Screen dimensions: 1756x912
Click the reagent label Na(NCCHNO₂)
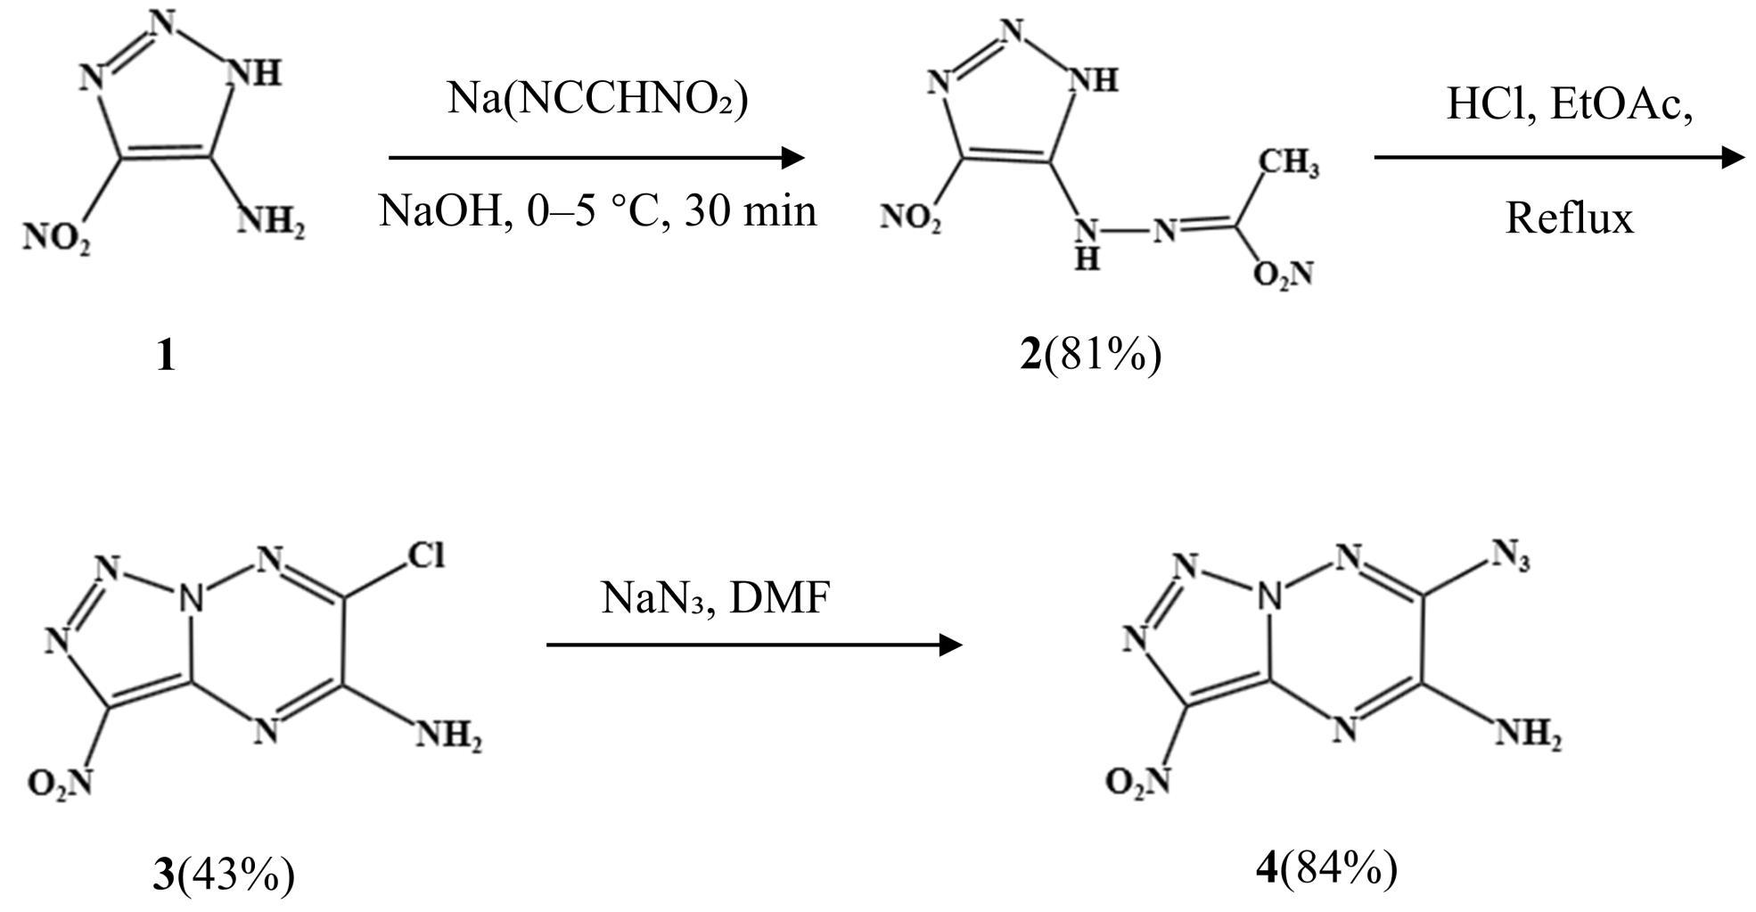point(597,97)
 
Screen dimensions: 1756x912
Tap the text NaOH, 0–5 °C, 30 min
point(597,211)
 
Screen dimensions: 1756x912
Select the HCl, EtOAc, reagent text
point(1569,104)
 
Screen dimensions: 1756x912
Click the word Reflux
point(1570,218)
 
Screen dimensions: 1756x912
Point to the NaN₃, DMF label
point(715,597)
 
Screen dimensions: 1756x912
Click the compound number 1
point(165,357)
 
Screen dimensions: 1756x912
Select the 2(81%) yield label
point(1091,356)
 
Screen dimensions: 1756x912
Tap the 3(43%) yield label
point(223,874)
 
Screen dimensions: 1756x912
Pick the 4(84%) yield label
point(1326,867)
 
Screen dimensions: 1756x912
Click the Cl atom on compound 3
point(425,555)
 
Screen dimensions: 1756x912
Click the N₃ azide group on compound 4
point(1511,557)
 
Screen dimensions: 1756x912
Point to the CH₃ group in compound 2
point(1289,164)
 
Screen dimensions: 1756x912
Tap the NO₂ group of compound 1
point(56,238)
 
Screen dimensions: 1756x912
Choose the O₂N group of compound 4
point(1137,782)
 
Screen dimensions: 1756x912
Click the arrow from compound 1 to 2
point(597,158)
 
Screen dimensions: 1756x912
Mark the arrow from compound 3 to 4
point(754,645)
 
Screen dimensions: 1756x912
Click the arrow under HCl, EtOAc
point(1559,158)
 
